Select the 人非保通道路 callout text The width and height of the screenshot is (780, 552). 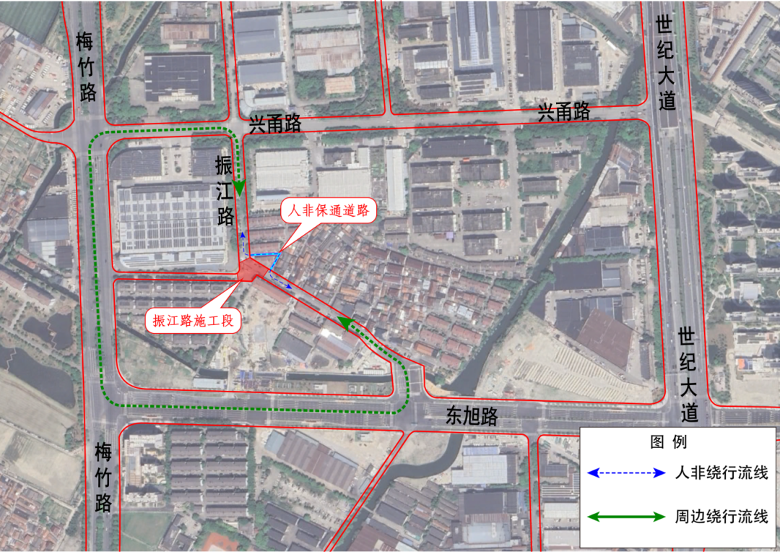pos(328,211)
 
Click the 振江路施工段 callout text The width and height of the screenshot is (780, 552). pos(192,321)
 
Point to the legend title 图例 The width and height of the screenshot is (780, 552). pos(668,441)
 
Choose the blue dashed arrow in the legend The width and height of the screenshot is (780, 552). pos(626,473)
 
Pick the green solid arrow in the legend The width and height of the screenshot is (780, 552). pos(626,517)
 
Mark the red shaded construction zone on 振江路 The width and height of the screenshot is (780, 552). pos(252,269)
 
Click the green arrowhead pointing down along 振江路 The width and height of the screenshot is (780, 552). pos(239,189)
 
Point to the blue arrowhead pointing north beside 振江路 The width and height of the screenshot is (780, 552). pos(243,235)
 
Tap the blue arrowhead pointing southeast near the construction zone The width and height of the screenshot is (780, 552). pos(289,287)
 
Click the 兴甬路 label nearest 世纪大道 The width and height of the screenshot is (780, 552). pos(563,112)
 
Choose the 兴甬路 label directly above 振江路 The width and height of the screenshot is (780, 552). pos(274,124)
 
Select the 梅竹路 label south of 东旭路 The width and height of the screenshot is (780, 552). pos(104,478)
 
